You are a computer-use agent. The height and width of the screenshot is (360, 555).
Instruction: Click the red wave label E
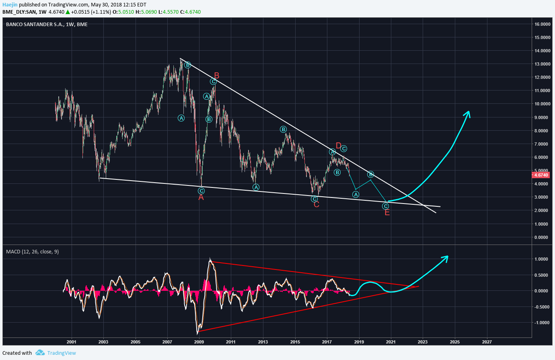coord(387,213)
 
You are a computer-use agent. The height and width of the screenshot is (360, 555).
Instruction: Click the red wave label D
coord(338,146)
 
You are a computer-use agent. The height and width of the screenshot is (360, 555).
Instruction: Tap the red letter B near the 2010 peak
coord(216,76)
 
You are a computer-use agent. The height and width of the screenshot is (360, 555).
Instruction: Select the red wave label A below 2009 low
coord(201,197)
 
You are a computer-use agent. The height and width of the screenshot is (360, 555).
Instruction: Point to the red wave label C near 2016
coord(316,205)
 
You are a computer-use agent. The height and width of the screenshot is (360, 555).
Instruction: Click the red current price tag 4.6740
coord(541,175)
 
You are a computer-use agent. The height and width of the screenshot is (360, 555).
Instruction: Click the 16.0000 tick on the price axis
coord(542,24)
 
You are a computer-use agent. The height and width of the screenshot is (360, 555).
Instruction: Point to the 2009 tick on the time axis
coord(199,342)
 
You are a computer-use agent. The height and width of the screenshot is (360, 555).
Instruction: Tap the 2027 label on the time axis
coord(487,342)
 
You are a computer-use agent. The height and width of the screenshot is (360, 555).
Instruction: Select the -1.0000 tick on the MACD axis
coord(541,323)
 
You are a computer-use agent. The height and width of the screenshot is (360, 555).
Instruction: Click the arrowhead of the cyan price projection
coord(467,113)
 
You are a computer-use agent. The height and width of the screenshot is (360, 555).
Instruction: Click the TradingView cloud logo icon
coord(40,353)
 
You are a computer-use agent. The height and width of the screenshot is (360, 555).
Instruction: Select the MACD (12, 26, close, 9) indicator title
coord(32,252)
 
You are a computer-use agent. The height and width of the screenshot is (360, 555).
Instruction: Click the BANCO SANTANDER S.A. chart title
coord(47,25)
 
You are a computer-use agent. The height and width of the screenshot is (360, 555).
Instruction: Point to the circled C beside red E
coord(385,206)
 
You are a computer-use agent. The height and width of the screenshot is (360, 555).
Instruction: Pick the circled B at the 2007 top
coord(187,65)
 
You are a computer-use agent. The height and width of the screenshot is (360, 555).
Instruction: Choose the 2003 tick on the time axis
coord(103,342)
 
